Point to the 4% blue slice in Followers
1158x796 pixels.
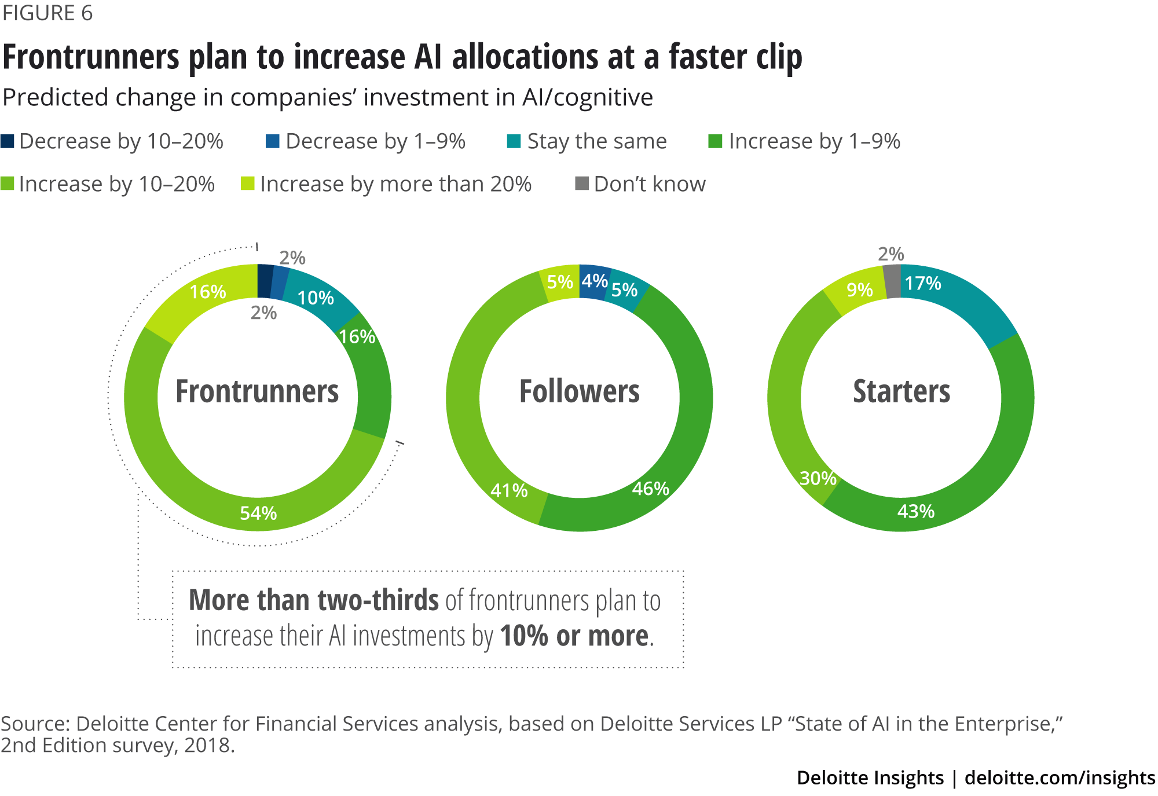pyautogui.click(x=594, y=281)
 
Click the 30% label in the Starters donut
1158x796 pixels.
pyautogui.click(x=818, y=478)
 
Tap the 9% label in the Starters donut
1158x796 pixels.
pyautogui.click(x=860, y=289)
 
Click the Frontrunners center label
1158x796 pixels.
pyautogui.click(x=257, y=391)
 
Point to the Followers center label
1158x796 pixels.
pyautogui.click(x=580, y=391)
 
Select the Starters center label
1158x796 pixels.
pyautogui.click(x=902, y=391)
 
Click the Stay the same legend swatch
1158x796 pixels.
pyautogui.click(x=514, y=141)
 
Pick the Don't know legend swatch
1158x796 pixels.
pyautogui.click(x=581, y=184)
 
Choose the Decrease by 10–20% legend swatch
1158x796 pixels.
pyautogui.click(x=8, y=141)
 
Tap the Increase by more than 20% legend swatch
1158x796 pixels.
pyautogui.click(x=247, y=184)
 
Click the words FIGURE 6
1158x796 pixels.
pyautogui.click(x=47, y=13)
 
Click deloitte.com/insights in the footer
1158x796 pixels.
pyautogui.click(x=1060, y=777)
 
